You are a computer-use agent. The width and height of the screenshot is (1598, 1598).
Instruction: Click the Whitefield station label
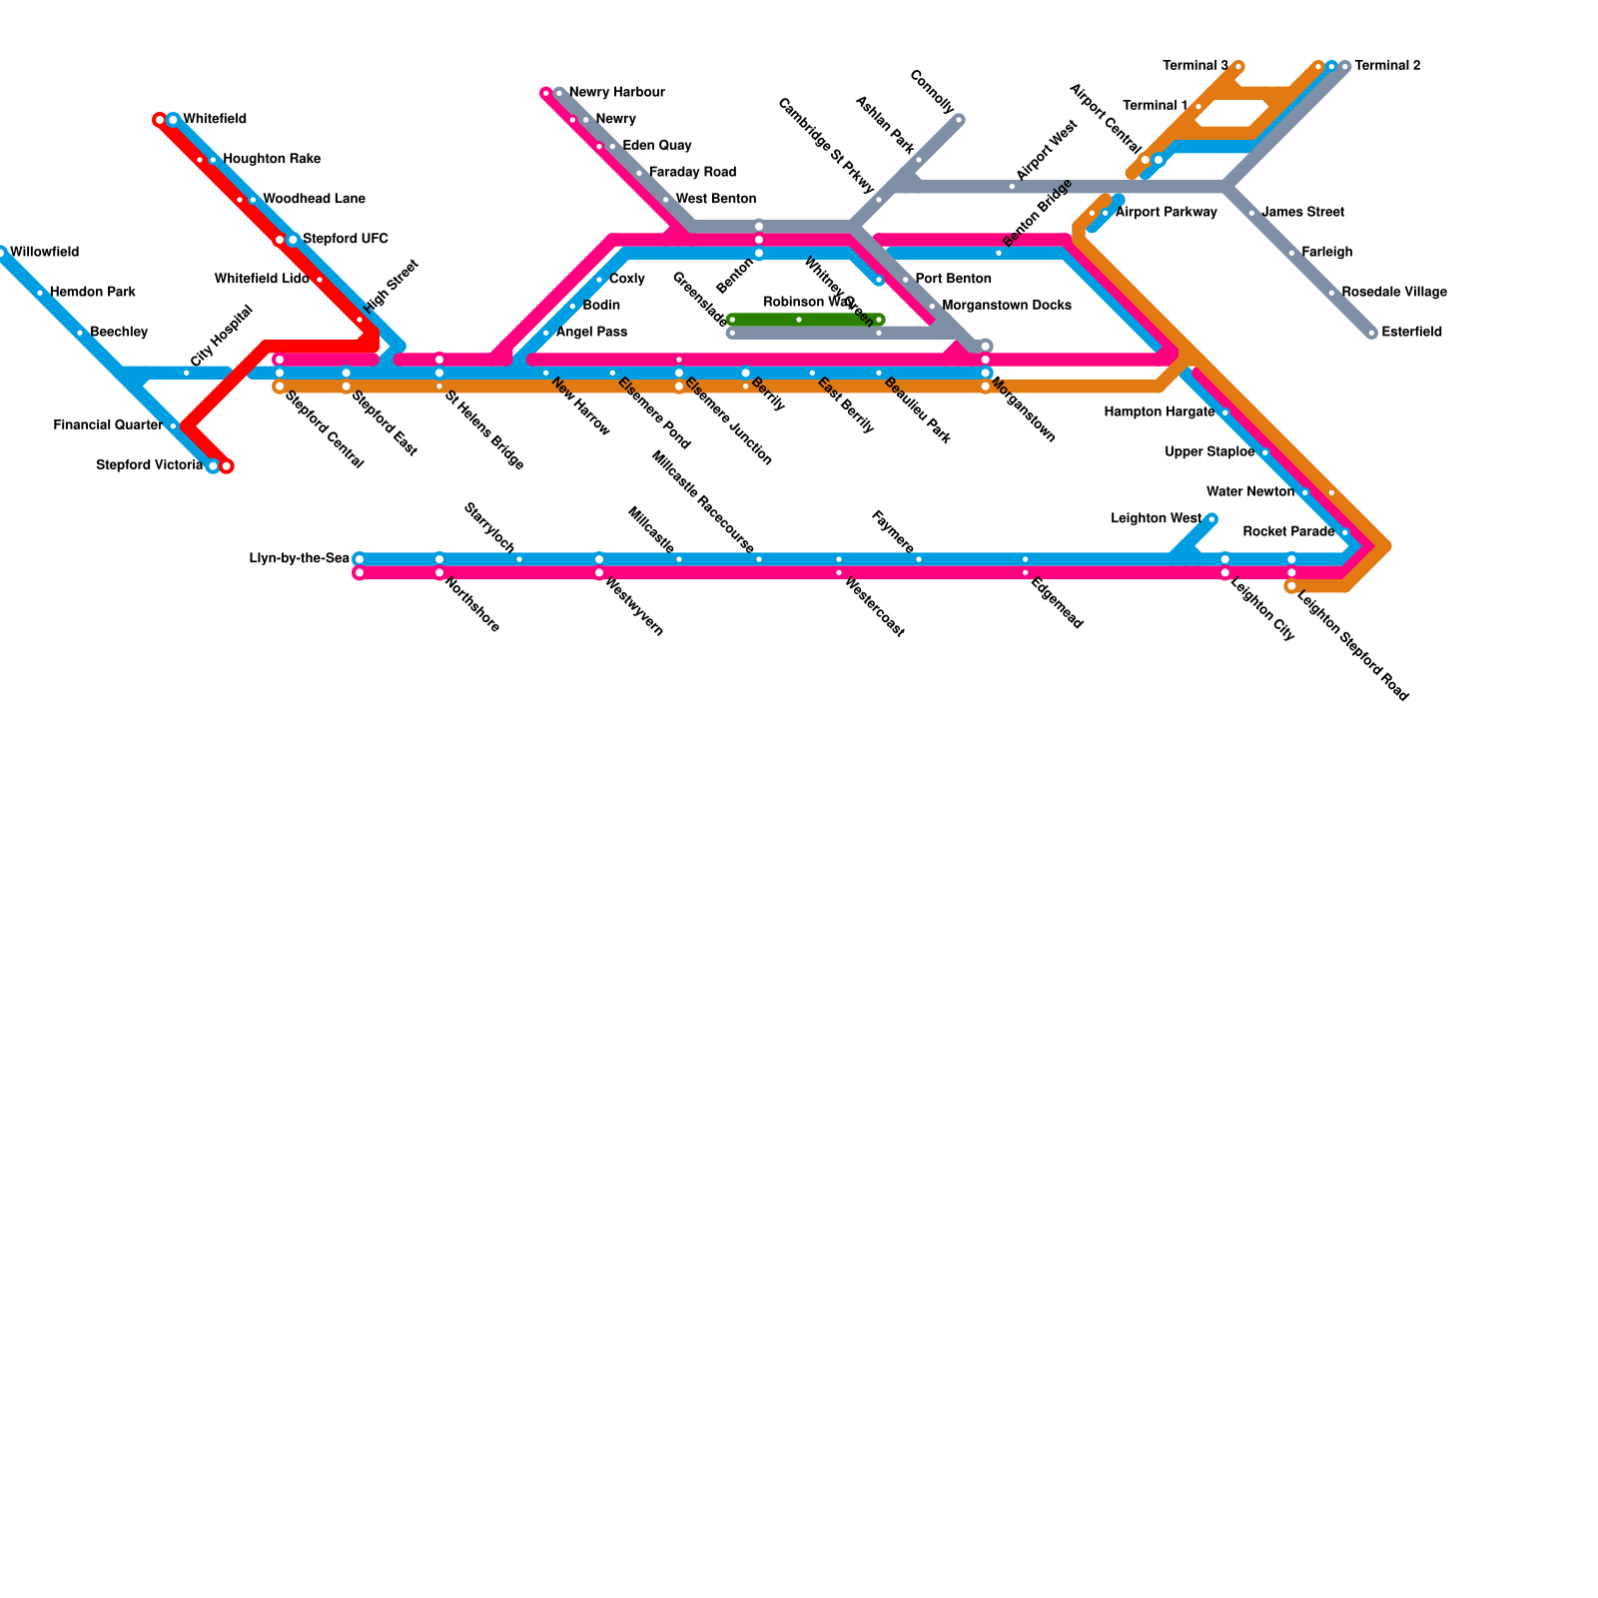(x=214, y=120)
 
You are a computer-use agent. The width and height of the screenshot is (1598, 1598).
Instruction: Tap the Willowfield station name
(x=44, y=253)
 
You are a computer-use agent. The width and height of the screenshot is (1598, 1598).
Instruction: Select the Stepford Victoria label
(x=149, y=465)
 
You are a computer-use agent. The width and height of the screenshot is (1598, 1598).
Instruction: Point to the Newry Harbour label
(x=616, y=93)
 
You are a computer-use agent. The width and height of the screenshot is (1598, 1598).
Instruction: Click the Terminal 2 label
(x=1387, y=66)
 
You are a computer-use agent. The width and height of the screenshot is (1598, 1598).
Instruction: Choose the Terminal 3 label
(x=1196, y=66)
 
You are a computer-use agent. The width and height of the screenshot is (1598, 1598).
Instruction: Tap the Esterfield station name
(x=1411, y=333)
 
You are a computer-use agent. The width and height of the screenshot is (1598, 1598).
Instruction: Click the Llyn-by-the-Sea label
(x=299, y=559)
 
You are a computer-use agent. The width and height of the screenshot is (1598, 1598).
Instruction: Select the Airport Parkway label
(x=1166, y=213)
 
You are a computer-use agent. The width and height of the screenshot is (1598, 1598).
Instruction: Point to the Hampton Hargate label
(x=1159, y=412)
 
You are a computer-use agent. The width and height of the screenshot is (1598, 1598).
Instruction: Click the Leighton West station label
(x=1156, y=519)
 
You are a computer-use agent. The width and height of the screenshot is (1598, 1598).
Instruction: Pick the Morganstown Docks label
(x=1006, y=306)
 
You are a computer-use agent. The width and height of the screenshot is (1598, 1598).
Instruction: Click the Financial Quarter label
(x=108, y=425)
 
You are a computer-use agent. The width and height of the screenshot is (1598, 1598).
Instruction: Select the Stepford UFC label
(x=345, y=240)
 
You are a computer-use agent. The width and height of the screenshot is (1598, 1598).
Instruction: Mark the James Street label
(x=1302, y=213)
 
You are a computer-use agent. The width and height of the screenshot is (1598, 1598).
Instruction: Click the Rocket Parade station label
(x=1288, y=532)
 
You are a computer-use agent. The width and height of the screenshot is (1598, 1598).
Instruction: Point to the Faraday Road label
(x=691, y=173)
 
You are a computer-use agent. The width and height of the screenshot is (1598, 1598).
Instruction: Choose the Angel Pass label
(x=591, y=333)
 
